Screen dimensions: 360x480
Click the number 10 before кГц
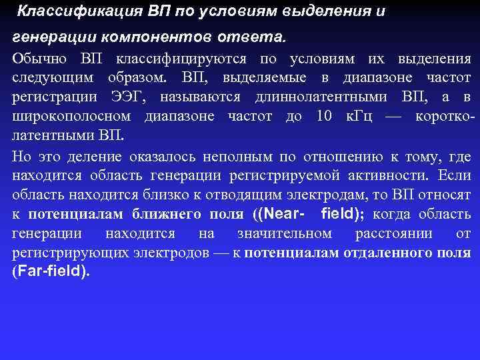point(324,117)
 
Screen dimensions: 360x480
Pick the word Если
point(456,176)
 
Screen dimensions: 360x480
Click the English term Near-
point(279,215)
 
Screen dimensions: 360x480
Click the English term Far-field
point(50,272)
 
